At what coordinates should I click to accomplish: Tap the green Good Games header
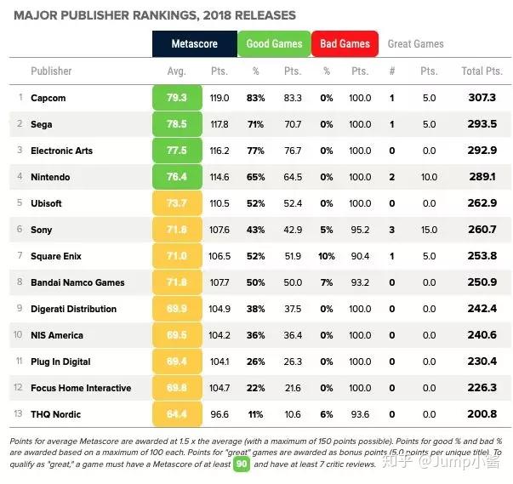pyautogui.click(x=273, y=44)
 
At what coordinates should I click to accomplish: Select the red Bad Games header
pyautogui.click(x=345, y=44)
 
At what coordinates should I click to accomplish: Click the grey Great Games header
pyautogui.click(x=415, y=44)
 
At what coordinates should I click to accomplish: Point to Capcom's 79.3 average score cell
pyautogui.click(x=177, y=98)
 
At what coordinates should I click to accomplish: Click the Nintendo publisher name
pyautogui.click(x=50, y=177)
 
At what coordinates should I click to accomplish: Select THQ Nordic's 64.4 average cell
pyautogui.click(x=177, y=414)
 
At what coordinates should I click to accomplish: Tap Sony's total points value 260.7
pyautogui.click(x=482, y=230)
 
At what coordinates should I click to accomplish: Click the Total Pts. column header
pyautogui.click(x=482, y=71)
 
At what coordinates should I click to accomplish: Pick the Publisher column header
pyautogui.click(x=51, y=71)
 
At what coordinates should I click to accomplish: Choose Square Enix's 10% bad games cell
pyautogui.click(x=326, y=256)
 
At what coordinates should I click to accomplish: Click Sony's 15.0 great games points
pyautogui.click(x=429, y=230)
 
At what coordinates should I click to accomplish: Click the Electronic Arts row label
pyautogui.click(x=61, y=151)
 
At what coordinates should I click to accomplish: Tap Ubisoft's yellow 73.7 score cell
pyautogui.click(x=177, y=203)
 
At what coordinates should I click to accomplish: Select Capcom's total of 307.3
pyautogui.click(x=482, y=98)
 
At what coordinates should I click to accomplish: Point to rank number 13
pyautogui.click(x=20, y=414)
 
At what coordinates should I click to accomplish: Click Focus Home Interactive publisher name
pyautogui.click(x=81, y=388)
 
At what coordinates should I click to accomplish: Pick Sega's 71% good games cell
pyautogui.click(x=255, y=124)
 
